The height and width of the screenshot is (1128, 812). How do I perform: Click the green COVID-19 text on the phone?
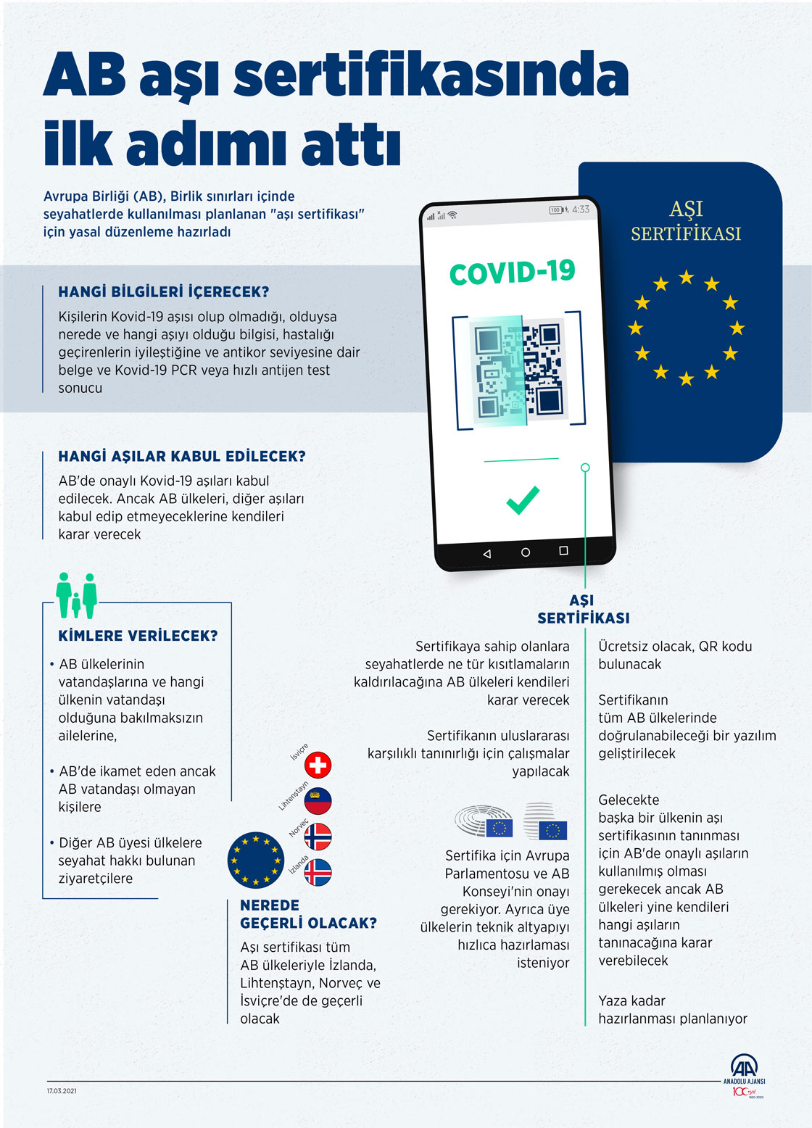[512, 273]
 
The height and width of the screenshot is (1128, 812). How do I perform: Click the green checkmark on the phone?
[523, 500]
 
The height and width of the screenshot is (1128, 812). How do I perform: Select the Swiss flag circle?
[318, 765]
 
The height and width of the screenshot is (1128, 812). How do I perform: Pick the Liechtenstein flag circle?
[318, 801]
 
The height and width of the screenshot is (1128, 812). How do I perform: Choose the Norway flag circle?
[318, 837]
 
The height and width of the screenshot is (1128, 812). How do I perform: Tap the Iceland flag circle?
[318, 872]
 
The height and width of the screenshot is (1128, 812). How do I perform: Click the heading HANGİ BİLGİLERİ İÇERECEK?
[164, 292]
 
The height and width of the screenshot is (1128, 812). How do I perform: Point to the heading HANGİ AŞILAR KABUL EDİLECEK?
[182, 457]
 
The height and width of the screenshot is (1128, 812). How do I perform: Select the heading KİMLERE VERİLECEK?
[138, 636]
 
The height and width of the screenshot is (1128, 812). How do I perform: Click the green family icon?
[77, 595]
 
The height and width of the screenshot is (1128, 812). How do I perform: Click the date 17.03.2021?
[62, 1091]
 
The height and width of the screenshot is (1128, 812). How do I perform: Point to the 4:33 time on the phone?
[581, 210]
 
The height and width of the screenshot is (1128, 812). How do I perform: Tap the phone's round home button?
[526, 552]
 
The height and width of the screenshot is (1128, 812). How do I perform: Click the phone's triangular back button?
[486, 554]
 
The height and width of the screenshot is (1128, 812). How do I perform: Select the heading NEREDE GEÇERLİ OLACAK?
[308, 914]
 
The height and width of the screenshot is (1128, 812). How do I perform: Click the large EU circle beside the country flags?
[255, 860]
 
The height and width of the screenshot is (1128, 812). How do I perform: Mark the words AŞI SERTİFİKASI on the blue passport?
[686, 221]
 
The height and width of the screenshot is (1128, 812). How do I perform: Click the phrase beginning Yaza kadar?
[672, 1010]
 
